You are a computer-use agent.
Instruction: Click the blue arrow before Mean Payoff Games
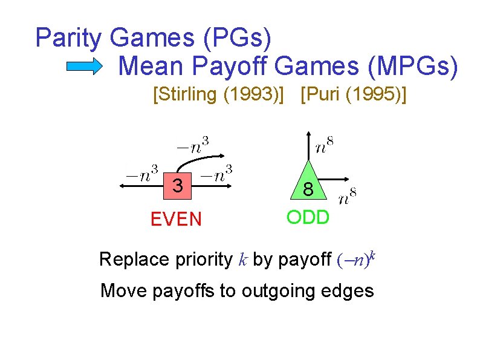(x=84, y=67)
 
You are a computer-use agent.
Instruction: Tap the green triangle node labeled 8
(x=308, y=185)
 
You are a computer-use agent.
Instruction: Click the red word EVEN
(x=176, y=218)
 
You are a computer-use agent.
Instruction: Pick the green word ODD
(x=308, y=217)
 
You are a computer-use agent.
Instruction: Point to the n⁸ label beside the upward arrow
(x=325, y=145)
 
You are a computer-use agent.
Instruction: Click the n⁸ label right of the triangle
(x=348, y=197)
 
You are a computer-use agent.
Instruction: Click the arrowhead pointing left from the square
(x=123, y=187)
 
